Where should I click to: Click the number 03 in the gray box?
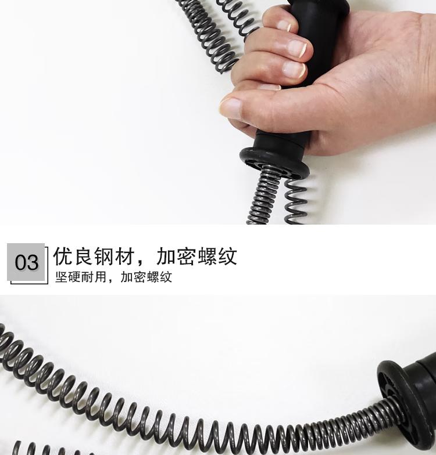click(x=27, y=262)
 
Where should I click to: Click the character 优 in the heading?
click(x=63, y=257)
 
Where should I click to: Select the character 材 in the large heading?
click(x=124, y=257)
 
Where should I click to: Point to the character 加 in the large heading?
click(x=166, y=257)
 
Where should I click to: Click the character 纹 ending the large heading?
click(x=228, y=257)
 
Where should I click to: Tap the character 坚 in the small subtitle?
click(x=61, y=277)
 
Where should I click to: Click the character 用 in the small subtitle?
click(x=100, y=277)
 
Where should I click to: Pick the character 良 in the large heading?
click(x=83, y=257)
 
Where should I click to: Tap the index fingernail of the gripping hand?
click(x=299, y=48)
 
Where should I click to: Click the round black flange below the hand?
click(x=274, y=162)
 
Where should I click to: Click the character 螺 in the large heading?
click(x=207, y=257)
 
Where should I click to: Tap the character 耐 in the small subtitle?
click(x=87, y=277)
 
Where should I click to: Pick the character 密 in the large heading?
click(x=186, y=257)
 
